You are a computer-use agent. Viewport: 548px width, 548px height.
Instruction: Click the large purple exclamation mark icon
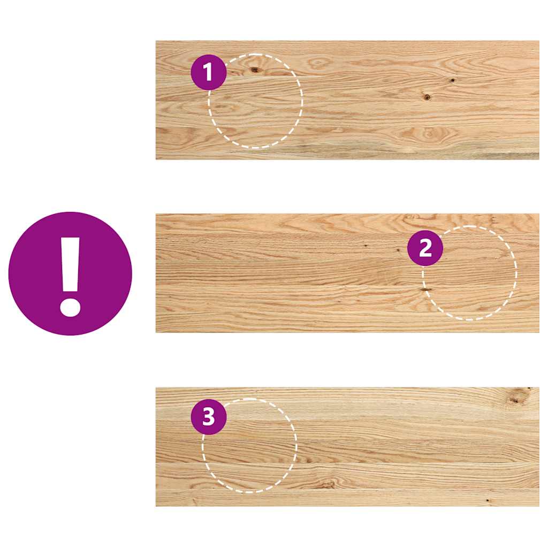[70, 273]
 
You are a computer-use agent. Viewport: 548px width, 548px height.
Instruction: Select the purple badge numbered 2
[425, 248]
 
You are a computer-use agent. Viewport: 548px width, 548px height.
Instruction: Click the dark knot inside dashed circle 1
[255, 70]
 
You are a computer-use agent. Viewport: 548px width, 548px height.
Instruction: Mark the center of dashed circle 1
[256, 101]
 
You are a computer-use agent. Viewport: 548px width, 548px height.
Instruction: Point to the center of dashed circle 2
[469, 273]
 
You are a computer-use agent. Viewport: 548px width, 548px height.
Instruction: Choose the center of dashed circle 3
[249, 446]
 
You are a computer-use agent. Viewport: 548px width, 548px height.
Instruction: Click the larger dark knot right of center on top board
[427, 97]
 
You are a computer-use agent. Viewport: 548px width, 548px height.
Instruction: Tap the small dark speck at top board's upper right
[452, 80]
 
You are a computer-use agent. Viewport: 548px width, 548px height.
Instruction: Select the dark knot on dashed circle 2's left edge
[426, 290]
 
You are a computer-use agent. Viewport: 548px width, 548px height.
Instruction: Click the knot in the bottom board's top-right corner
[517, 398]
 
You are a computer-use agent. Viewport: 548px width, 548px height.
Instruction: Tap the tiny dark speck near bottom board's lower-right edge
[487, 501]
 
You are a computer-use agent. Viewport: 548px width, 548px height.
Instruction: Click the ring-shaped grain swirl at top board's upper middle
[319, 63]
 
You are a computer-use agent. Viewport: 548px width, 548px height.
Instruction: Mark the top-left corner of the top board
[156, 41]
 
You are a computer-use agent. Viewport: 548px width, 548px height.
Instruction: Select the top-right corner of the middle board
[538, 215]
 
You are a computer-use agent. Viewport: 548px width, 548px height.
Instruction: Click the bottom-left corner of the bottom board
[156, 506]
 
